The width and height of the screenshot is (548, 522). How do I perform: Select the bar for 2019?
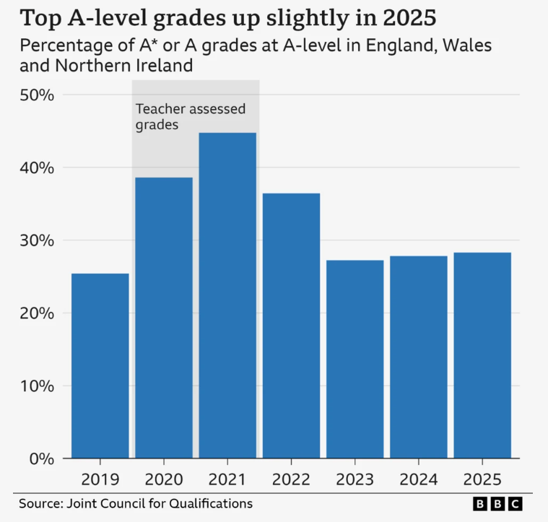point(100,365)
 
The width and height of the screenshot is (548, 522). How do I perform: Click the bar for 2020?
point(164,318)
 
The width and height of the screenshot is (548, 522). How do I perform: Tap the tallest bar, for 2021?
point(227,295)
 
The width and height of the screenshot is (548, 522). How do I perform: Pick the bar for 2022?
point(291,326)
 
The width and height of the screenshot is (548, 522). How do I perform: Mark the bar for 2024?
point(419,357)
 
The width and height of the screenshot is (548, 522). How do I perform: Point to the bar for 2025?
point(482,354)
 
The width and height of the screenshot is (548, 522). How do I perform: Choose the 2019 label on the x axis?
point(100,479)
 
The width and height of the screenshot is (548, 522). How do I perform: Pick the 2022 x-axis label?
point(291,479)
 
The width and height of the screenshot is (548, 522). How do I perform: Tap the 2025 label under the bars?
point(482,479)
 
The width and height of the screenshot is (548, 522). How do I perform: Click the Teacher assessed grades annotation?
point(191,116)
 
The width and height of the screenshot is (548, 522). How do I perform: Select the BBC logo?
point(497,503)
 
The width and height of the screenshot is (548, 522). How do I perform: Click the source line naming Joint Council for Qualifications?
point(136,503)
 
